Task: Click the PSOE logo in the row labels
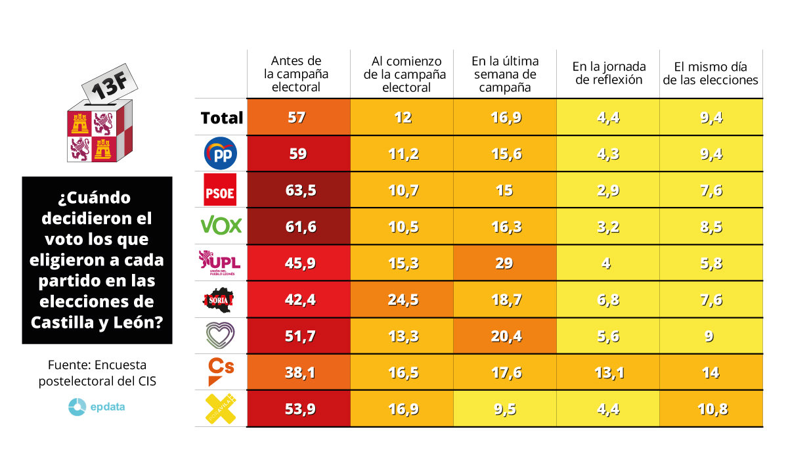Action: [221, 191]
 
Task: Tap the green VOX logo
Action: [221, 227]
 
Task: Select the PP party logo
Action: [221, 154]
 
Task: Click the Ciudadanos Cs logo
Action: [221, 372]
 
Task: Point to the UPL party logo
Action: [221, 263]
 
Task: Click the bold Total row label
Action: [222, 118]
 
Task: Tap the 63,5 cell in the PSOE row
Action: [301, 191]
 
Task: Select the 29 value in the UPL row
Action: [505, 263]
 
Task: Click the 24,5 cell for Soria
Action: [403, 300]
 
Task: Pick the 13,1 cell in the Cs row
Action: [607, 372]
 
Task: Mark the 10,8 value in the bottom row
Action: [711, 409]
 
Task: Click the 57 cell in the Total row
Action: [297, 118]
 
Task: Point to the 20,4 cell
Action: [505, 336]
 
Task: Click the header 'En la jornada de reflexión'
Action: [609, 73]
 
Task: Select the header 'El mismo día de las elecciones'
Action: [711, 73]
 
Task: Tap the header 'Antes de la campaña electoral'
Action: [299, 74]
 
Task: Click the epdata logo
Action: [97, 407]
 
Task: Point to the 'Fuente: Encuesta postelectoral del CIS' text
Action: [97, 373]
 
